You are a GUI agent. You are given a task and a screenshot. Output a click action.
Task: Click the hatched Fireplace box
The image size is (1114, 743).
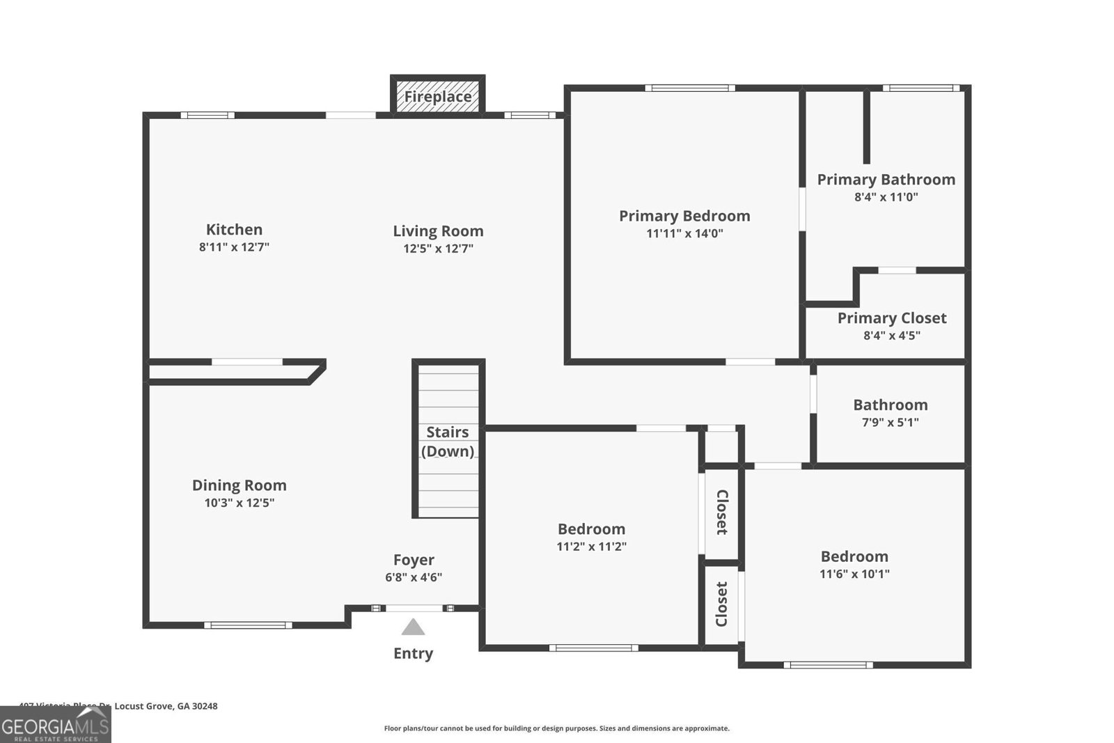click(438, 96)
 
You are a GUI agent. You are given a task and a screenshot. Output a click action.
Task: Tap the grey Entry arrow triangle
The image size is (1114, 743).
click(413, 627)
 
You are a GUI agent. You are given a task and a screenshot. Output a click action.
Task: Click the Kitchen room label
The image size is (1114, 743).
click(234, 229)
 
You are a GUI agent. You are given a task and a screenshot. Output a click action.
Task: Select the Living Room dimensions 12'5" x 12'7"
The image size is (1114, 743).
click(438, 249)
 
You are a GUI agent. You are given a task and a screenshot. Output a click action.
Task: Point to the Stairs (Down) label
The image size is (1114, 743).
click(448, 441)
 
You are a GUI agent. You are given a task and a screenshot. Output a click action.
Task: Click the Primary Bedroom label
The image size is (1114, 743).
click(684, 216)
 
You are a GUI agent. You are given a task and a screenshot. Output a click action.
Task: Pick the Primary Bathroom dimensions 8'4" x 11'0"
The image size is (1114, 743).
click(886, 197)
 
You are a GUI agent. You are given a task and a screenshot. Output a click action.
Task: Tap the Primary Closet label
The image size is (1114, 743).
click(891, 318)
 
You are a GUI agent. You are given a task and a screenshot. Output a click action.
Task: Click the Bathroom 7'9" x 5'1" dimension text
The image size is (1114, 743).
click(890, 422)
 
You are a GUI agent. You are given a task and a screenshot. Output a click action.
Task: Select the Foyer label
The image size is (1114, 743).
click(414, 560)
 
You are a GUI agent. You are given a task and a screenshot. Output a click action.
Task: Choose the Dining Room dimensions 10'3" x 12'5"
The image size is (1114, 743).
click(239, 503)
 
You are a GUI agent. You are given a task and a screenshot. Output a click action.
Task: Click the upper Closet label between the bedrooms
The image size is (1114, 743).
click(722, 512)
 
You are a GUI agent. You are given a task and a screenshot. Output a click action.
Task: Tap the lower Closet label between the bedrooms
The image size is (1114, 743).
click(722, 604)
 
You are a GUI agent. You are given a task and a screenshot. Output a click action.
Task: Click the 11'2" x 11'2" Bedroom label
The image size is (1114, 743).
click(591, 529)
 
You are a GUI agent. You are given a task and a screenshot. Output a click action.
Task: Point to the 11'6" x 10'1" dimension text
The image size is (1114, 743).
click(854, 574)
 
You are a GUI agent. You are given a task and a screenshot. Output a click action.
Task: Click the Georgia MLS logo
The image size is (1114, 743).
click(56, 725)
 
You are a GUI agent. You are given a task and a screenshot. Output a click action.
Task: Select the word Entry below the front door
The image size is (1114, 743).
click(413, 653)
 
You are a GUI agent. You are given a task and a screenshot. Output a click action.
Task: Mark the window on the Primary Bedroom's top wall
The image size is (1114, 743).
click(689, 88)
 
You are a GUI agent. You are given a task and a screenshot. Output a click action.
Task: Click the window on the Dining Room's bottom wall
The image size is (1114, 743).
click(248, 625)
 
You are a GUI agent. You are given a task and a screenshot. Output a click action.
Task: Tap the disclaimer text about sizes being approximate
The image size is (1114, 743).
click(556, 728)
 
